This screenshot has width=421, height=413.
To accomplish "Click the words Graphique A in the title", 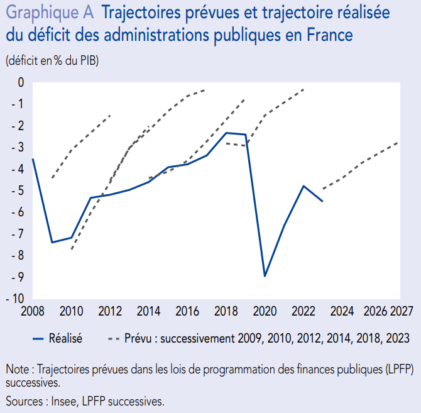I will pos(49,13).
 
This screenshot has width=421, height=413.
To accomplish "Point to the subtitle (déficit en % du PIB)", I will pos(52,60).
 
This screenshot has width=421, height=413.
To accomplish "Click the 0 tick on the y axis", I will pos(21,82).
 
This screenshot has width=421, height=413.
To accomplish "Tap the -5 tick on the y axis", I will pos(18,190).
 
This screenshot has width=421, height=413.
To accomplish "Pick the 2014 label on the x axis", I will pos(148,311).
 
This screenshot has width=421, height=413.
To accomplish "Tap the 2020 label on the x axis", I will pos(265,311).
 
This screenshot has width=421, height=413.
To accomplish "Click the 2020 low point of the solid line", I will pos(265,276).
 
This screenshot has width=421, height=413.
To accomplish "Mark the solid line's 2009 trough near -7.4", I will pos(52,242).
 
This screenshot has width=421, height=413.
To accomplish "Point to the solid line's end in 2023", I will pos(322,201).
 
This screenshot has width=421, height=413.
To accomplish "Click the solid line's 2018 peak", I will pos(226,133).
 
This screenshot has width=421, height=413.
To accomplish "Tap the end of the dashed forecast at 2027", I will pos(398,142).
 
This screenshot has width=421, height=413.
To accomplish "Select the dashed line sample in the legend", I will pos(114,338).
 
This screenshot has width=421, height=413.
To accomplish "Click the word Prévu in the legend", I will pos(139,338).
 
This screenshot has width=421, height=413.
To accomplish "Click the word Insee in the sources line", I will pos(63,400).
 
